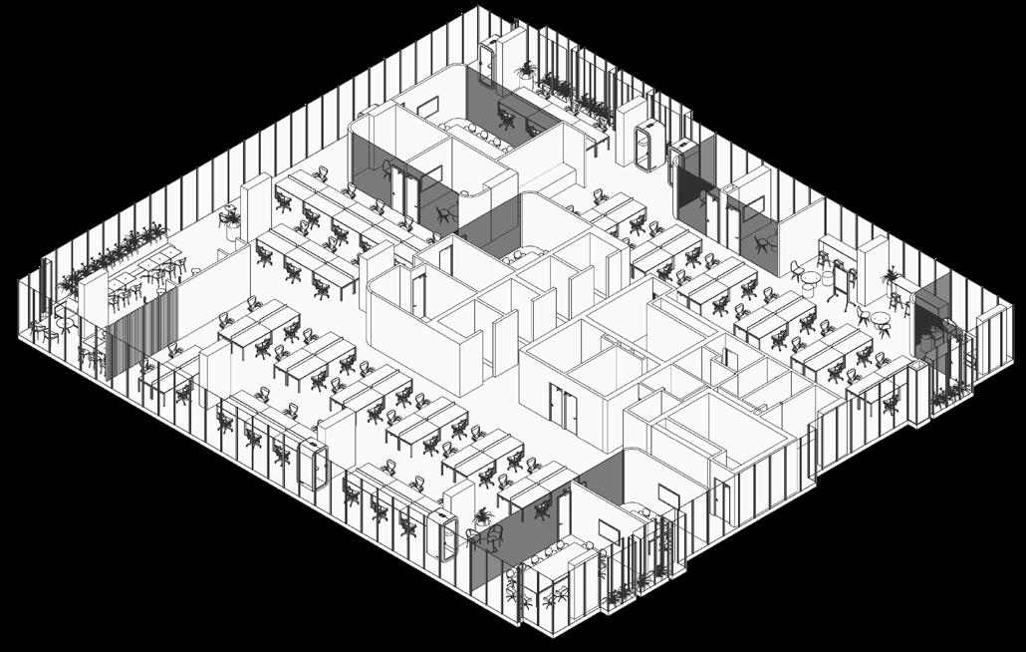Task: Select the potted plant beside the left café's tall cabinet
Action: click(230, 218)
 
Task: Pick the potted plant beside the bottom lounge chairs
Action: click(483, 517)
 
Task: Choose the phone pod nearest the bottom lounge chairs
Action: click(443, 533)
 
